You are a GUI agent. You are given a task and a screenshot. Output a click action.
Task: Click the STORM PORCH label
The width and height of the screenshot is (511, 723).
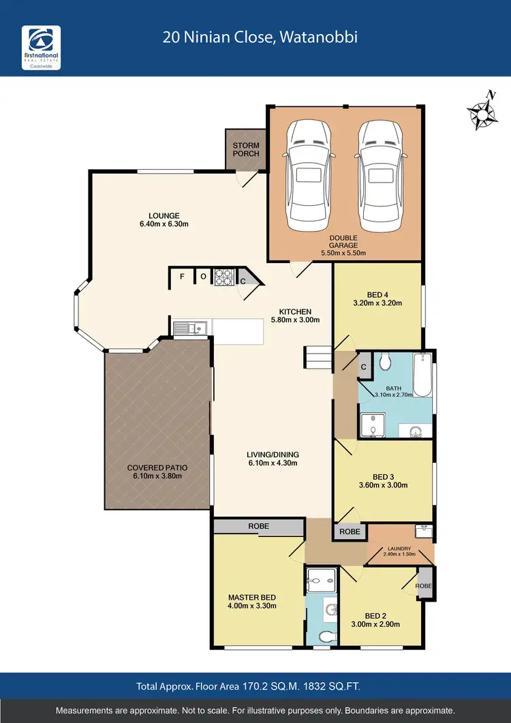pyautogui.click(x=246, y=149)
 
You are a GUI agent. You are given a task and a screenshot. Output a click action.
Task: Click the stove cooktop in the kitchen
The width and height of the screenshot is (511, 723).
pyautogui.click(x=224, y=277)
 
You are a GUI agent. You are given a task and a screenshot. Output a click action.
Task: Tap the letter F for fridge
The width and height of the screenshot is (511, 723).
pyautogui.click(x=182, y=277)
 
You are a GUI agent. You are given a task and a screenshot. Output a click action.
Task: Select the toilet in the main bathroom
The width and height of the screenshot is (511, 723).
pyautogui.click(x=384, y=361)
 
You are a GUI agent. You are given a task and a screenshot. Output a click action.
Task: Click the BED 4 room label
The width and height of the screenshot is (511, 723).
pyautogui.click(x=377, y=294)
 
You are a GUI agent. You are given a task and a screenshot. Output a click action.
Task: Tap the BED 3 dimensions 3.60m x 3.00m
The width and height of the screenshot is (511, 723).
pyautogui.click(x=382, y=486)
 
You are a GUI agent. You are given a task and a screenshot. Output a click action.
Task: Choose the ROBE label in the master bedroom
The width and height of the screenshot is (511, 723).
pyautogui.click(x=258, y=526)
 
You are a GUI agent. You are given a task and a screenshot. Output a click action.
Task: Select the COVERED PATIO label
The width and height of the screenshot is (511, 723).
pyautogui.click(x=157, y=468)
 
